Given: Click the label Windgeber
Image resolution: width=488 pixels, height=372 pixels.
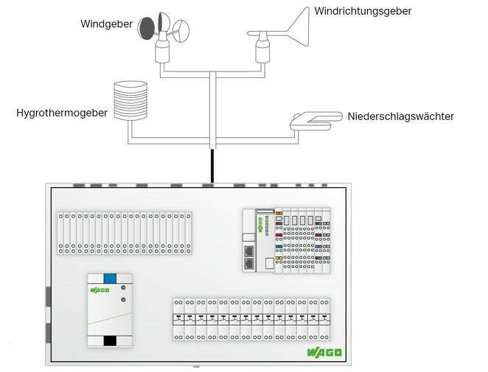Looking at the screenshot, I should point(106,24).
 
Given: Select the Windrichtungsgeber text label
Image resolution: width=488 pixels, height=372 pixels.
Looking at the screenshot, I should point(363,11).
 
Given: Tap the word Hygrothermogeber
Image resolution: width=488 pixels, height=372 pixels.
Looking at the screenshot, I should point(62,113).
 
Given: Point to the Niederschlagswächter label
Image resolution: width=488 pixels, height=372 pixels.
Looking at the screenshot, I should point(400,116).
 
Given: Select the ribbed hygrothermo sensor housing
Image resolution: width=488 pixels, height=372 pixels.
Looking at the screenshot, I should point(130,100).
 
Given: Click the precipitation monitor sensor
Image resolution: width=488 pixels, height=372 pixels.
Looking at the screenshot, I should point(314,119).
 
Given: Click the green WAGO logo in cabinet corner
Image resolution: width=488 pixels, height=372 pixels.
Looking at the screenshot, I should point(324,353).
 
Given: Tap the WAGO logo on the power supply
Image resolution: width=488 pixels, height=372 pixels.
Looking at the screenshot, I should point(100,289).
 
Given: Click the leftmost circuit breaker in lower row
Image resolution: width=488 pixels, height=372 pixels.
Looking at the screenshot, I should point(177,319).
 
